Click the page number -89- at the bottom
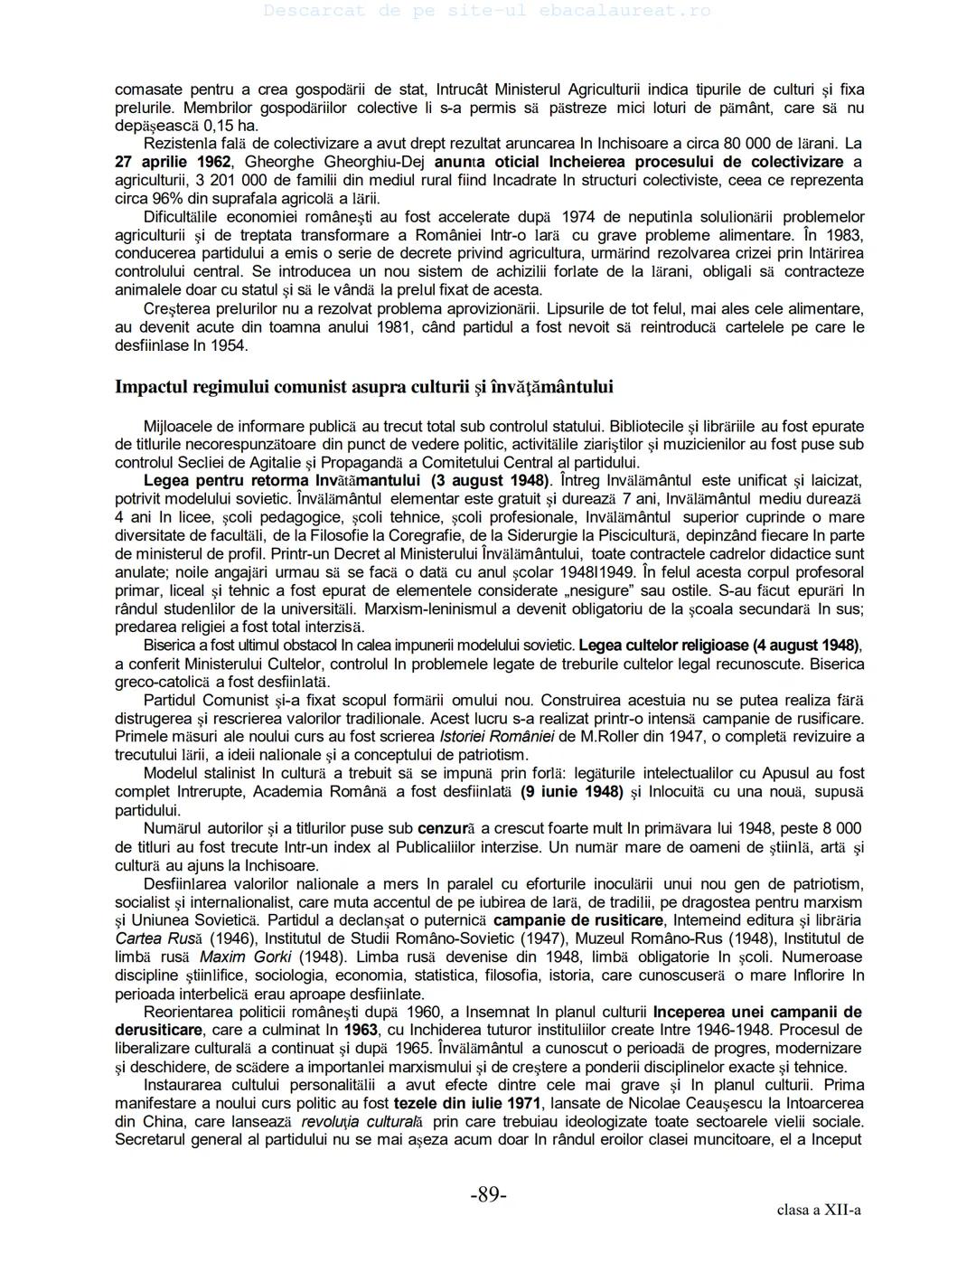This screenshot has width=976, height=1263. pos(488,1195)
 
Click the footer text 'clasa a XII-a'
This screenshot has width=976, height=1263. pos(819,1210)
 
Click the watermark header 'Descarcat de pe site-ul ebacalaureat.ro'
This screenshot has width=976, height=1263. pos(488,11)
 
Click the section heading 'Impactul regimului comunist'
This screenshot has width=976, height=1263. pos(363,387)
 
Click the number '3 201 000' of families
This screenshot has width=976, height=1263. pos(201,180)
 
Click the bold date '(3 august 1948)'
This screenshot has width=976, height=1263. pos(490,480)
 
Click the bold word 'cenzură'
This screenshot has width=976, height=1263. pos(445,828)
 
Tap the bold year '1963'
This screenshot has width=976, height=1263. pos(361,1030)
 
